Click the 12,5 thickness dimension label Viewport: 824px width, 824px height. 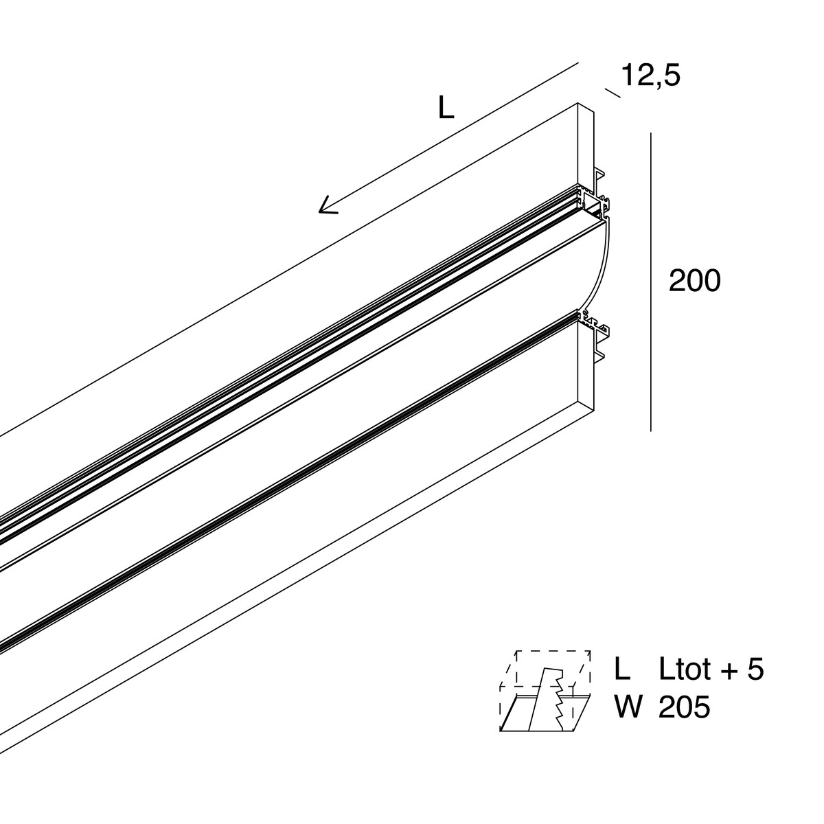(650, 76)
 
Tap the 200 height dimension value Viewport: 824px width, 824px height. (695, 282)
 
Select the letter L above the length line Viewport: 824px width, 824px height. (446, 108)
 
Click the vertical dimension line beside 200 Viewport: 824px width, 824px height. (650, 282)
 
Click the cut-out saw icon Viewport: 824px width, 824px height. (545, 691)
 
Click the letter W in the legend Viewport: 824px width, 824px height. (628, 707)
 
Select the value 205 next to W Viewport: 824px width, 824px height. (684, 707)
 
